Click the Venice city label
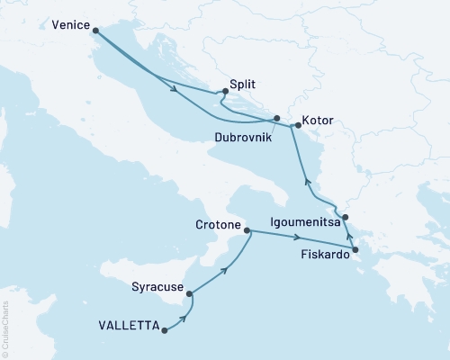[72, 25]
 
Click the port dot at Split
[224, 91]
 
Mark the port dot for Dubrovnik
[277, 119]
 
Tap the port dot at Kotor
[298, 126]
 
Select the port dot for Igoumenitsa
[346, 217]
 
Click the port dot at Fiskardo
[355, 250]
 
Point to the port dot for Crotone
[247, 230]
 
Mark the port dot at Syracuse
[189, 290]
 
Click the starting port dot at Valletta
[164, 329]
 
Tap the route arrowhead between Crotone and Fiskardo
[298, 238]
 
